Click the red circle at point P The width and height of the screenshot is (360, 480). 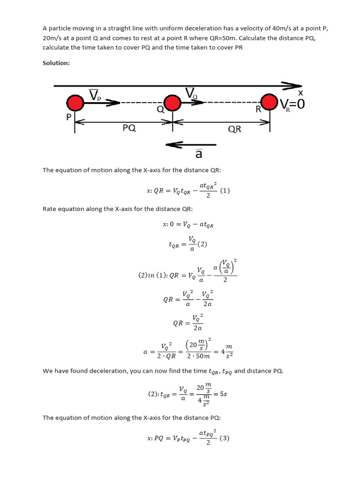[x=75, y=103]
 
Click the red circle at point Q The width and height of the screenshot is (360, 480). [x=172, y=103]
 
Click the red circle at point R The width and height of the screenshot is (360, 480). [x=270, y=102]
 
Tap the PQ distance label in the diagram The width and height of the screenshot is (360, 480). [x=129, y=128]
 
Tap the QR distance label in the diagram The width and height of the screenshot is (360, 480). [x=234, y=129]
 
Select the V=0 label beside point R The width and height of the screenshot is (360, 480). [x=292, y=104]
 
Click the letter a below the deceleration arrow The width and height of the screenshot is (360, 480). [x=199, y=154]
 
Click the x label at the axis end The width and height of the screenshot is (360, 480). [x=300, y=93]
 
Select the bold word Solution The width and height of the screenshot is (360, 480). [x=56, y=63]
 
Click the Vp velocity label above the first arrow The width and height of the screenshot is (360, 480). [x=95, y=96]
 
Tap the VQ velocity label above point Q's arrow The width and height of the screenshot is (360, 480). [x=192, y=93]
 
